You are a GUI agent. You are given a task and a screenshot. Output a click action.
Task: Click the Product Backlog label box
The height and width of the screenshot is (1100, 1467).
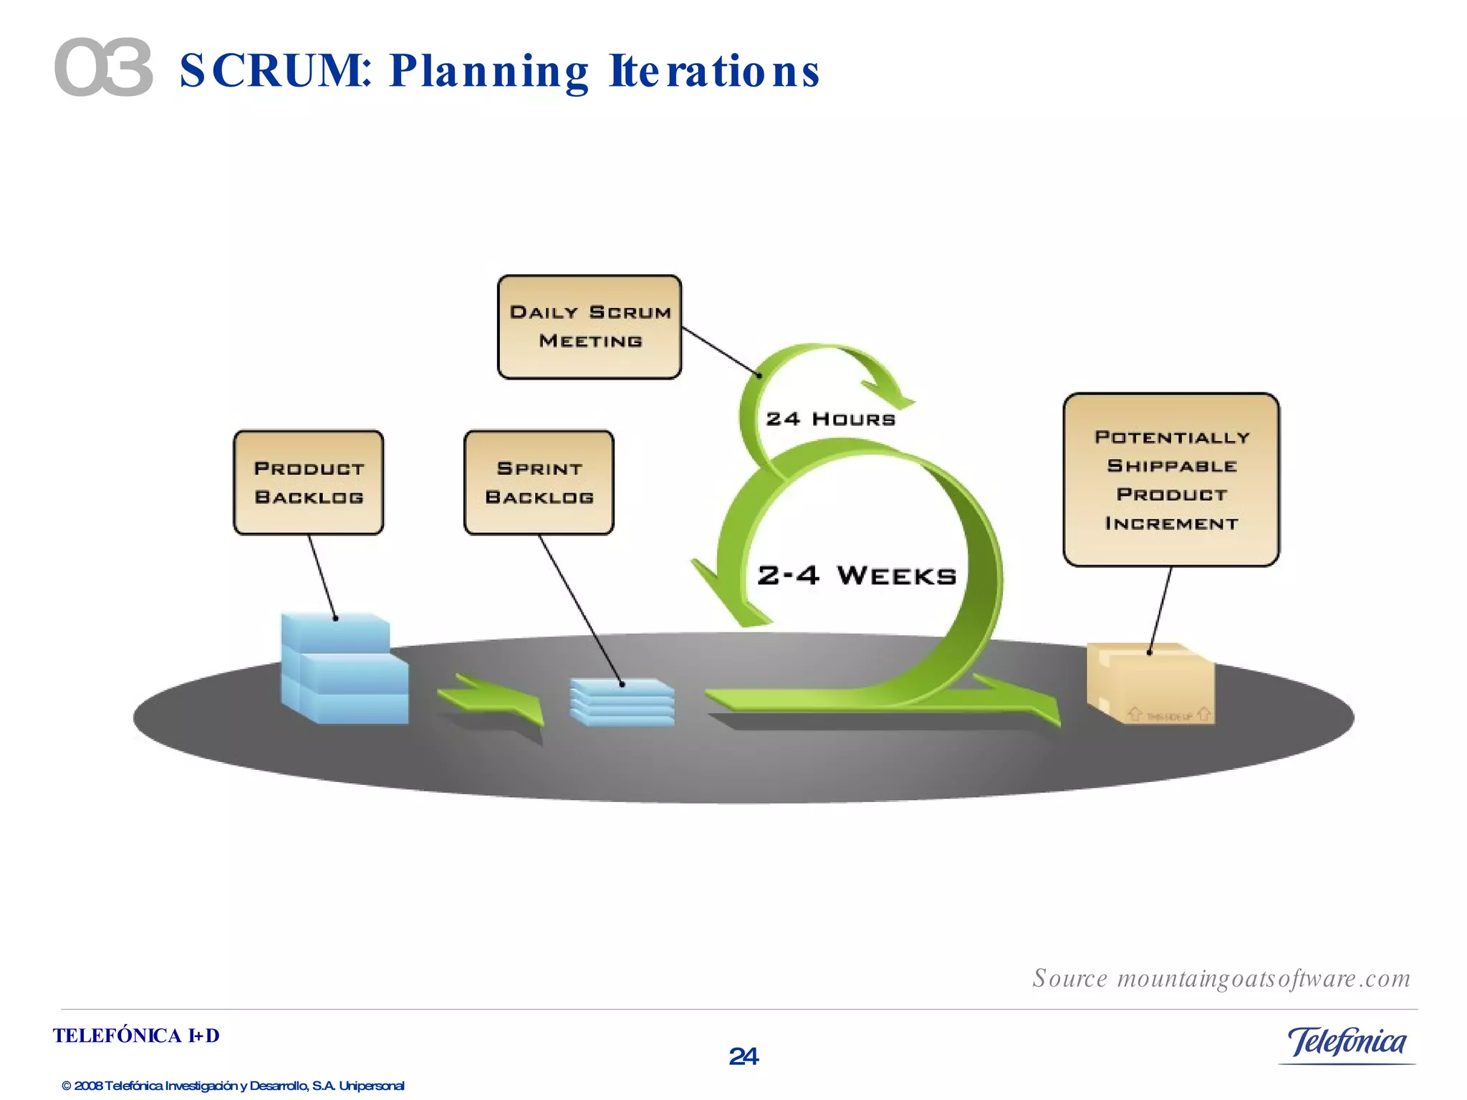[x=309, y=483]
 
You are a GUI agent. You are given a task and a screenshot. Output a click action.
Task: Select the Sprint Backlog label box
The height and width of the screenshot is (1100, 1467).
[x=539, y=483]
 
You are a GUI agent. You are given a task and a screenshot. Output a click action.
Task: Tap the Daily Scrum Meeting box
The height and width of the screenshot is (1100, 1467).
[x=590, y=327]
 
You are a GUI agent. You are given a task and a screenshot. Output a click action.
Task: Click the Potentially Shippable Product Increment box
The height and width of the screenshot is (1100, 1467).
[x=1171, y=480]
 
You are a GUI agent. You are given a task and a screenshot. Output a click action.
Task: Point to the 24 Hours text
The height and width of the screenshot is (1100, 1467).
[x=830, y=419]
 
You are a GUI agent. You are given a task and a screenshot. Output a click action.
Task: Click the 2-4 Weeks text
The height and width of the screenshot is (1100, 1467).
[x=857, y=576]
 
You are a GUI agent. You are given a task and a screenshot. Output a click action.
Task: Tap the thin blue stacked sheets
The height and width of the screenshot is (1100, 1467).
[x=622, y=703]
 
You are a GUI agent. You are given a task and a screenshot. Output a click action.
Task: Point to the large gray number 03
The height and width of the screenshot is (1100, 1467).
[x=104, y=68]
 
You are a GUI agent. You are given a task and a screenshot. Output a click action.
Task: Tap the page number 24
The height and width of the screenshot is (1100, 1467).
[x=744, y=1056]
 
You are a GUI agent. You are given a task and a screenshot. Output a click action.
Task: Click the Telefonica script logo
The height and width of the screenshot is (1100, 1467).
[x=1347, y=1042]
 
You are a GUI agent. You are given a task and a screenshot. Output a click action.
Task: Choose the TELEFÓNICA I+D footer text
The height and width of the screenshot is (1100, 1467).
[x=136, y=1036]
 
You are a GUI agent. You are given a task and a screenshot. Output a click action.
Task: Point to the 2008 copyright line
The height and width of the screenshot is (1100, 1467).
[x=233, y=1086]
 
